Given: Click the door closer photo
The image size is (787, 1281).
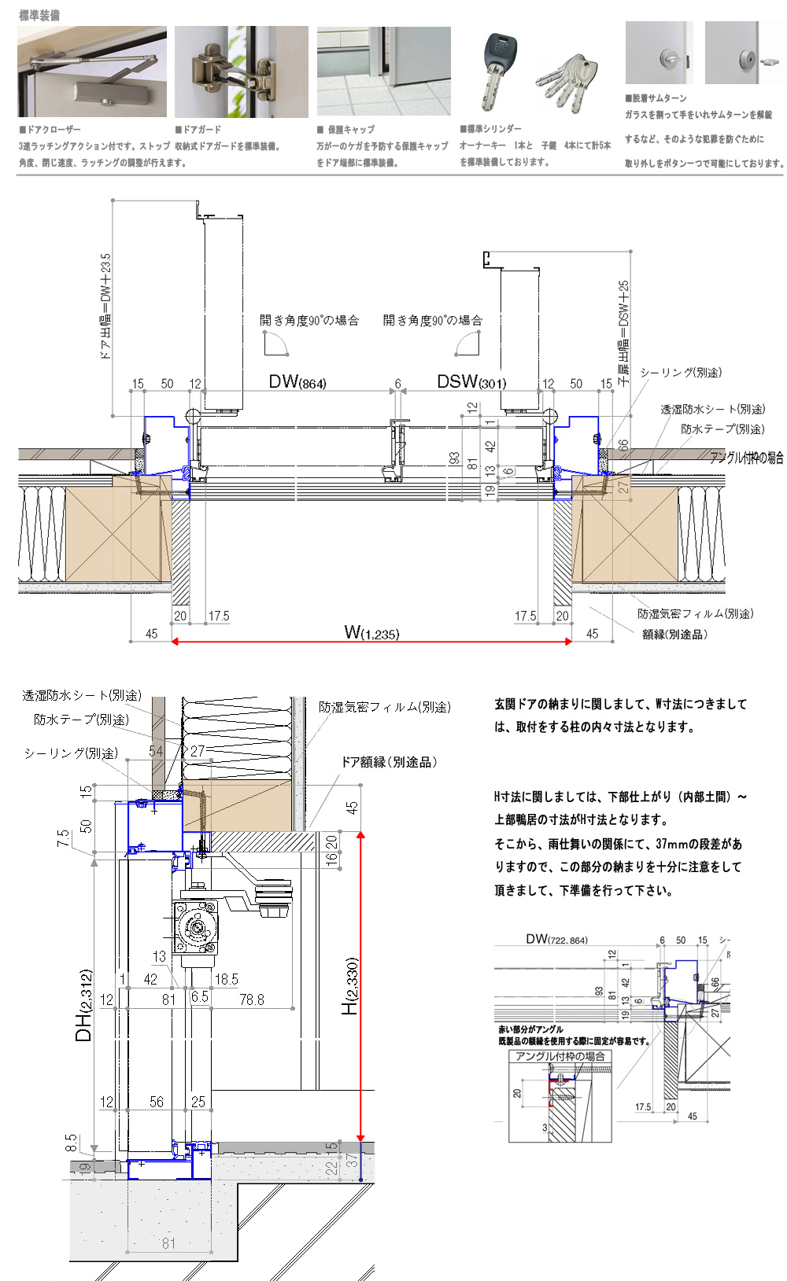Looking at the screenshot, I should (92, 72).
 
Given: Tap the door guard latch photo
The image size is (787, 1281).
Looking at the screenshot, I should (241, 72).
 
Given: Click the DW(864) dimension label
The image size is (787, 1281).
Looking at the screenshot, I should (297, 382).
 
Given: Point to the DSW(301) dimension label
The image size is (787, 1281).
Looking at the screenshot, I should (471, 382).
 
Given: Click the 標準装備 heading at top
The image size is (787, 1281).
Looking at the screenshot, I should (39, 15).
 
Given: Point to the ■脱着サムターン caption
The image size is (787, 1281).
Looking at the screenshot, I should (656, 98).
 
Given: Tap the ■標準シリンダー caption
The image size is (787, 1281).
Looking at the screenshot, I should (490, 129).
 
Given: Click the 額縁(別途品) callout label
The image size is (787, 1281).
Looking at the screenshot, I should (674, 634).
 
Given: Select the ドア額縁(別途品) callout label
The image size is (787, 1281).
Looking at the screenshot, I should (389, 762).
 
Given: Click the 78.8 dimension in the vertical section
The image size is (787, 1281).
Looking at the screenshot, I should (252, 999).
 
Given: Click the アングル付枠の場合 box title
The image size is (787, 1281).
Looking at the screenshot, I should (560, 1056).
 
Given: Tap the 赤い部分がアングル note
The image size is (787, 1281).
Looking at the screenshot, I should (530, 1029).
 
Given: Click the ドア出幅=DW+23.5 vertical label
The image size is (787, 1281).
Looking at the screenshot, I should (106, 306).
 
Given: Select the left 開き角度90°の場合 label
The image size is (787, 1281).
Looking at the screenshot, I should (309, 320).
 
